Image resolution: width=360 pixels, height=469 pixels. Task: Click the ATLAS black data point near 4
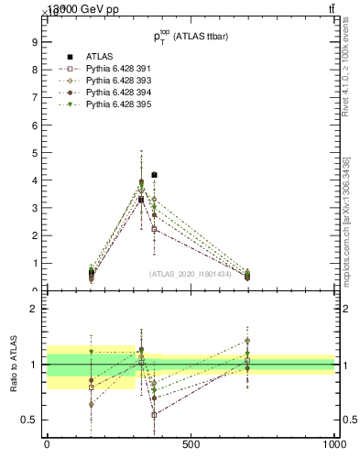(154, 174)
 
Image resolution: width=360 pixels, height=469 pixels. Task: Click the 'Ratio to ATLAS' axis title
(13, 364)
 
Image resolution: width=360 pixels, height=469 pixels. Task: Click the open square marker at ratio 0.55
(154, 414)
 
